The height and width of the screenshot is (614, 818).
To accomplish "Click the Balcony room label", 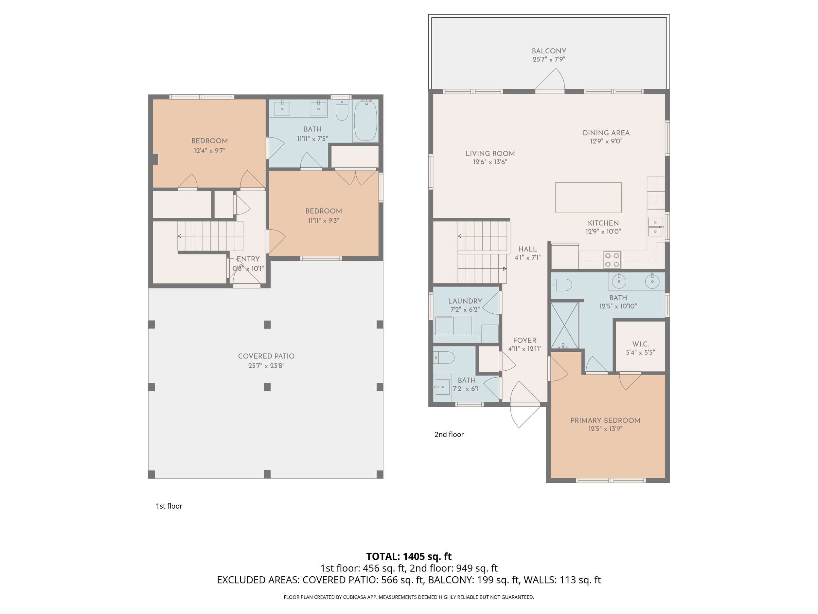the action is click(549, 51).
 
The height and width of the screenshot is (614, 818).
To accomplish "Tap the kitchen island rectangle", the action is click(588, 198).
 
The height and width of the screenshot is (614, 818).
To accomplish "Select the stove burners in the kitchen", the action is click(612, 259).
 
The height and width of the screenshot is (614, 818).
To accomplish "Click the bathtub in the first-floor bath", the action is click(365, 120).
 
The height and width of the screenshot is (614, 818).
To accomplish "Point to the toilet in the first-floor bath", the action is click(342, 110).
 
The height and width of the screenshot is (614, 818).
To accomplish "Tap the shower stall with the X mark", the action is click(564, 325).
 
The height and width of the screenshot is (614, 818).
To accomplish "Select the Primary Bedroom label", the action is click(605, 420).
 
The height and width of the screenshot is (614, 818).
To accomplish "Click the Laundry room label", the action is click(465, 301).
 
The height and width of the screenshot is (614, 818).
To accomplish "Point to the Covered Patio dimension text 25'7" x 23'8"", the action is click(266, 366).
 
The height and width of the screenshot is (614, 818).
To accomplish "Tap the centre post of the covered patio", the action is click(267, 387).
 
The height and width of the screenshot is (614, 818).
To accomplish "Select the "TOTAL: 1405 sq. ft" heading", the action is click(409, 556).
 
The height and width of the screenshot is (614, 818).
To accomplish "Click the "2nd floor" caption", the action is click(449, 435).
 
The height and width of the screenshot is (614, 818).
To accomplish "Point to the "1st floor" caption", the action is click(169, 506).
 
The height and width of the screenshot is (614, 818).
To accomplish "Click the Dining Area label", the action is click(606, 133).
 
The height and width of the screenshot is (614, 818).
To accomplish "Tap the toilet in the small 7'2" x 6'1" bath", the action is click(443, 358).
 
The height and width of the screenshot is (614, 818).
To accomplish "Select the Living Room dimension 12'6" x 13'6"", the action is click(490, 162).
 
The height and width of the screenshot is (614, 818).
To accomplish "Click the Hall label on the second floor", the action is click(527, 250).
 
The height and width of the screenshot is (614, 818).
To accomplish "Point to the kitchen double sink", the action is click(655, 227).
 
